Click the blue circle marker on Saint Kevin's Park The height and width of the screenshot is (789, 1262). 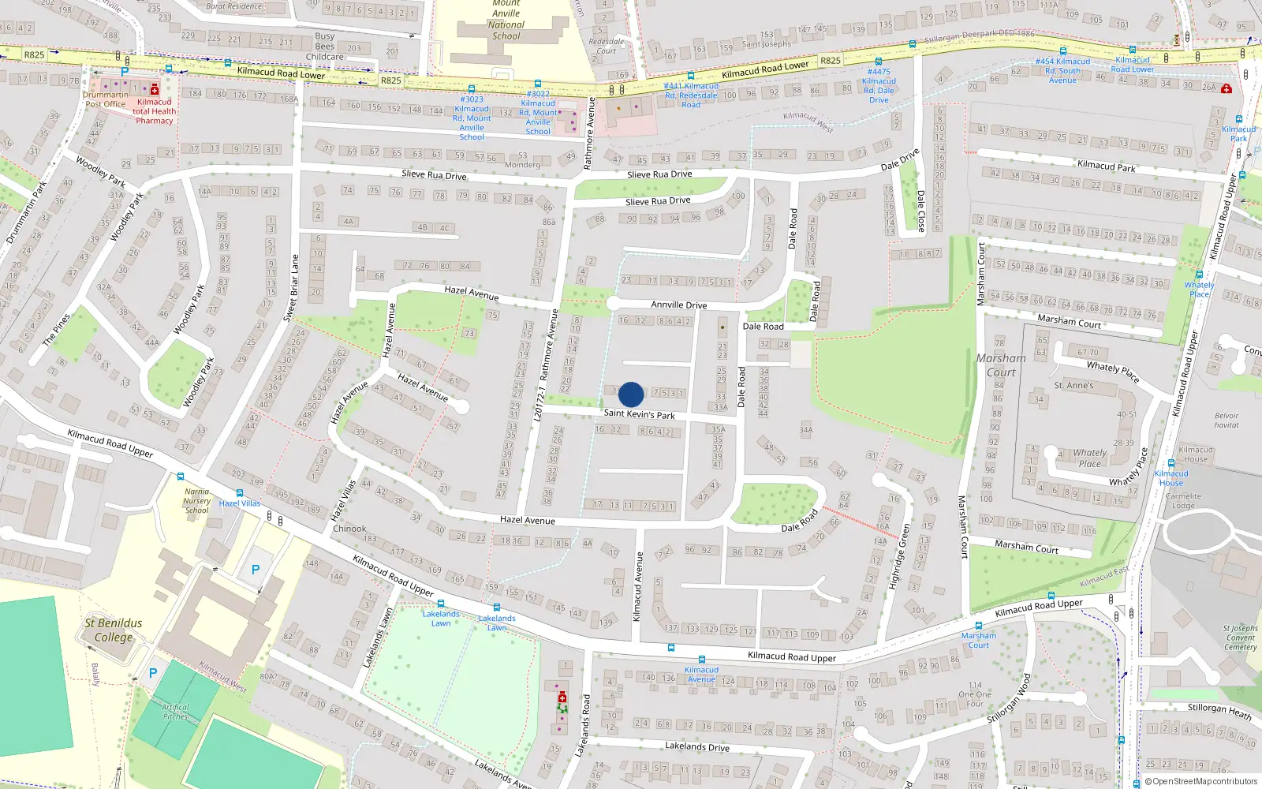point(631,394)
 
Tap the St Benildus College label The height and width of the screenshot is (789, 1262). point(114,630)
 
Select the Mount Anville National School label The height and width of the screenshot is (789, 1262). point(506,19)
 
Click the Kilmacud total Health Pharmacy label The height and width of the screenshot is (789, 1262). point(154,111)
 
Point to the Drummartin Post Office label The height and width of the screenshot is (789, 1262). point(105,99)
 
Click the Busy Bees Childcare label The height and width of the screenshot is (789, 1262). point(325,47)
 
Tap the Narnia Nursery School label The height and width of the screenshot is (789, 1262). point(196,501)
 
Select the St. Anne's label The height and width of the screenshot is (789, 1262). point(1073,385)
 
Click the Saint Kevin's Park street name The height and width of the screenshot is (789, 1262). point(639,413)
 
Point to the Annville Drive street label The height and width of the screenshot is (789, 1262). point(678,305)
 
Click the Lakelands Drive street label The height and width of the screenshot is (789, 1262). point(696,746)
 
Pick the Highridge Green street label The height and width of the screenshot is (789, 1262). point(898,557)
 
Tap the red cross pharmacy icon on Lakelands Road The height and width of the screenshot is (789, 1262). point(562,698)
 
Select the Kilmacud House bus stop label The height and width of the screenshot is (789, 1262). point(1171,478)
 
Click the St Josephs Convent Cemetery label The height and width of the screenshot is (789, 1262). point(1241,638)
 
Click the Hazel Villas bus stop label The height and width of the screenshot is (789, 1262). point(240,503)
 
